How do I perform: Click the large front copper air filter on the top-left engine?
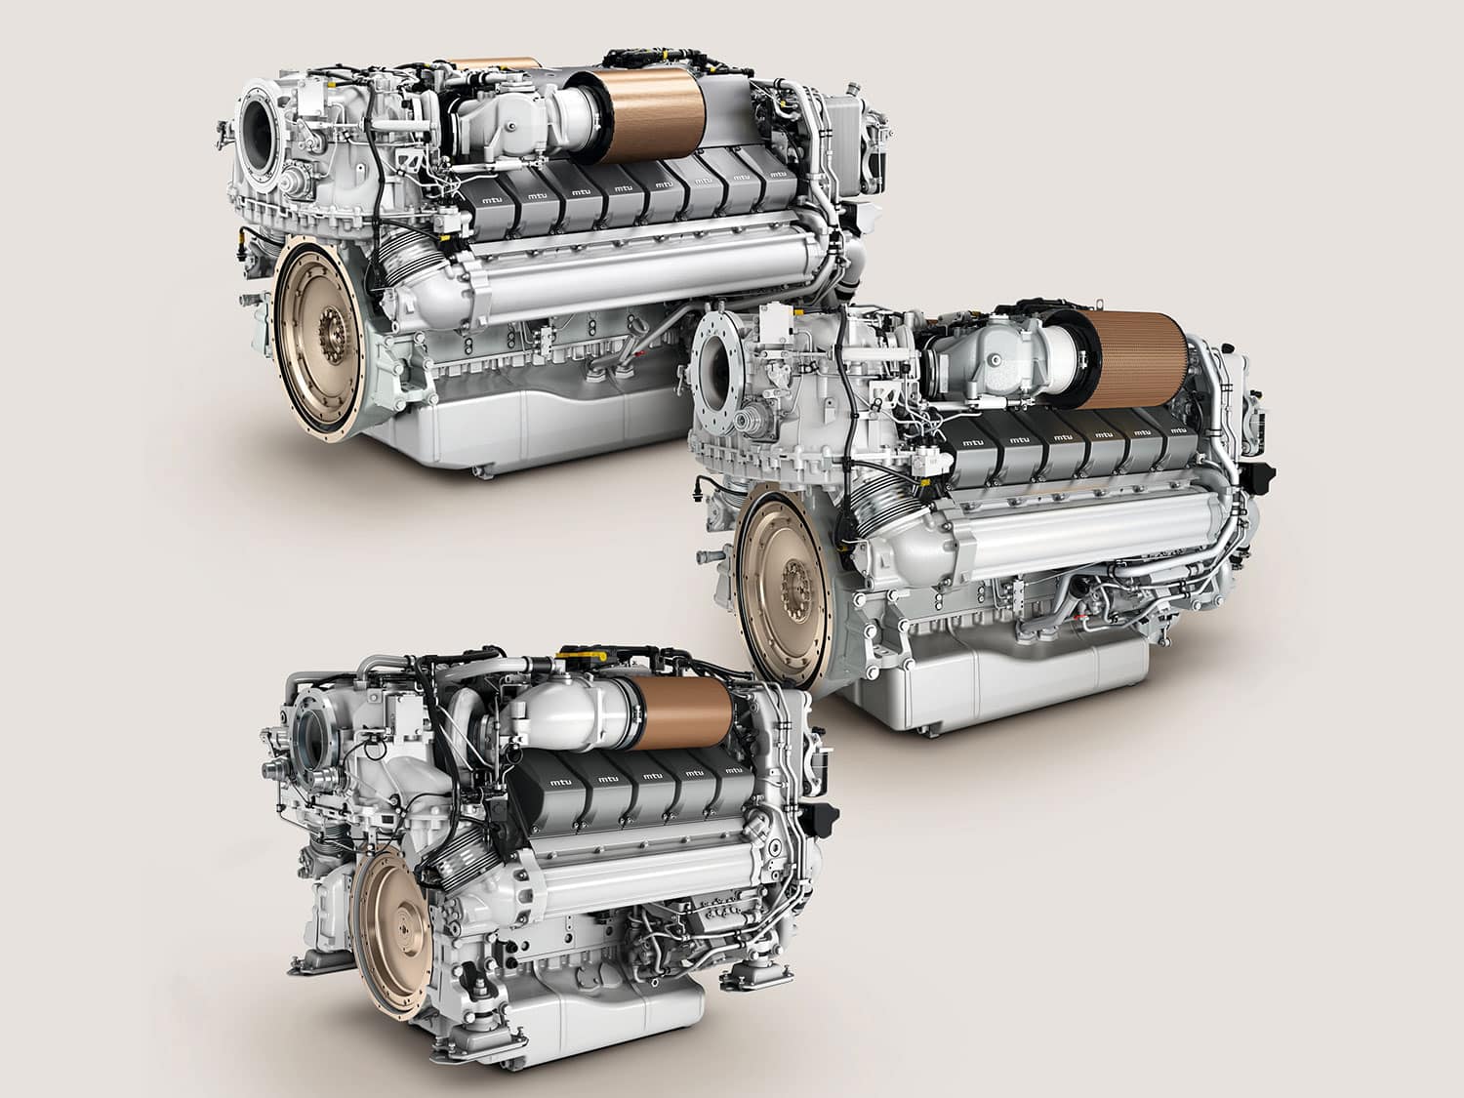654,116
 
